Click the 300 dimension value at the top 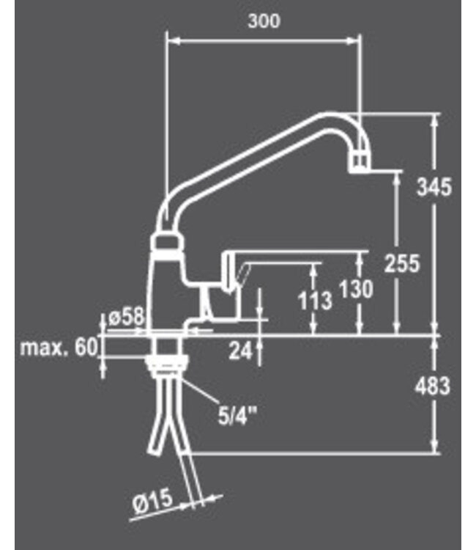264,21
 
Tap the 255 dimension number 401,262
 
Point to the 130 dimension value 355,289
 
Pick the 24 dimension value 240,351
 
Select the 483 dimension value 434,386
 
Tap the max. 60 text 59,348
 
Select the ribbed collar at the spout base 168,244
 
